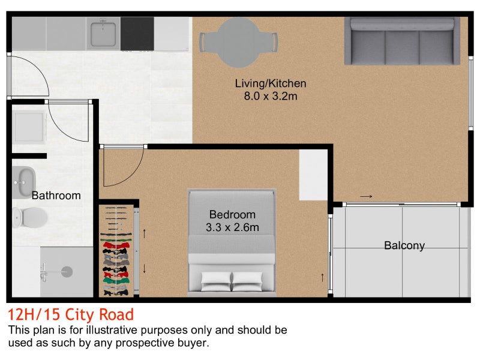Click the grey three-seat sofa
pyautogui.click(x=402, y=41)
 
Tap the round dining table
pyautogui.click(x=238, y=42)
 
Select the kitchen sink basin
pyautogui.click(x=103, y=34)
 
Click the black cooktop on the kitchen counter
pyautogui.click(x=137, y=34)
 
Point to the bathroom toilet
pyautogui.click(x=30, y=217)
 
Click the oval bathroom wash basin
pyautogui.click(x=24, y=182)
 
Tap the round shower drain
pyautogui.click(x=67, y=272)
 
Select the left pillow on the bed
pyautogui.click(x=216, y=281)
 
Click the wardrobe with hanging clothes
pyautogui.click(x=116, y=251)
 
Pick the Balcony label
pyautogui.click(x=404, y=245)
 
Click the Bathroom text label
pyautogui.click(x=56, y=196)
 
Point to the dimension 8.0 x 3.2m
pyautogui.click(x=271, y=96)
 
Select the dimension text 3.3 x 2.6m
pyautogui.click(x=232, y=227)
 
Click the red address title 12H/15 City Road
pyautogui.click(x=71, y=314)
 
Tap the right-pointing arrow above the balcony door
pyautogui.click(x=366, y=196)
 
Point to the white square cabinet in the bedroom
pyautogui.click(x=313, y=175)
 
